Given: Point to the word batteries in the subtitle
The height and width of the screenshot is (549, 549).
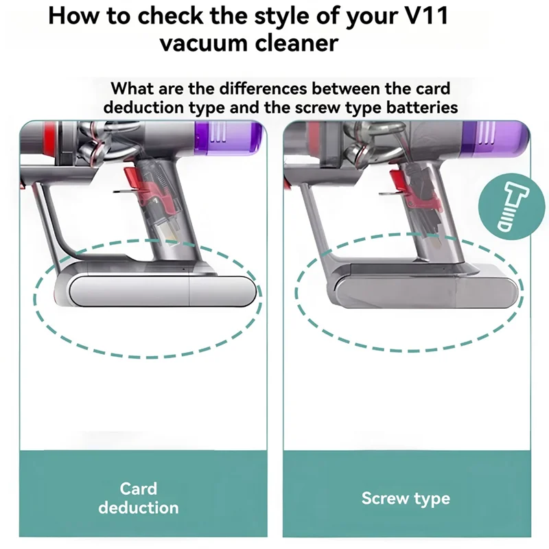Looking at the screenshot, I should point(417,108).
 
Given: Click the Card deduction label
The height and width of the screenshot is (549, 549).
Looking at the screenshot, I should point(138,498).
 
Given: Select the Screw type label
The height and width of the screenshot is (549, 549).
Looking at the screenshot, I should point(406,498).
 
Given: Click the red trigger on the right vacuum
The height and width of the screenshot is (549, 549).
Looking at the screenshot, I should point(397,180).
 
